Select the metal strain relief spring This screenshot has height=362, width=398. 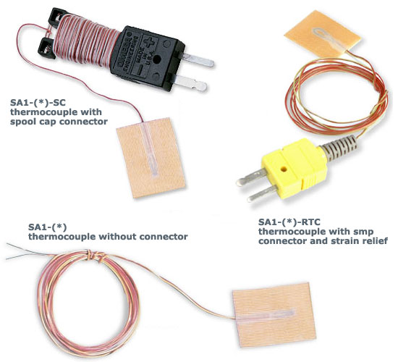339,148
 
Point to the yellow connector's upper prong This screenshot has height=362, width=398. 252,177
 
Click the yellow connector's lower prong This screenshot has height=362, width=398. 262,193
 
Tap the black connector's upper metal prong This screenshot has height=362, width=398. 198,61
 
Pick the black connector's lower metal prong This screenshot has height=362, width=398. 192,83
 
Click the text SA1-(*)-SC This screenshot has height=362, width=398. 38,103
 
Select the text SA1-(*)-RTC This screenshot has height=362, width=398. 289,222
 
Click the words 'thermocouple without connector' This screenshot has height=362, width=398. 108,237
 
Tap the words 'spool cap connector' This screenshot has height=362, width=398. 59,122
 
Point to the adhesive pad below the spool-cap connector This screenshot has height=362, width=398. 151,158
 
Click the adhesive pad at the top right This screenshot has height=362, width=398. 323,33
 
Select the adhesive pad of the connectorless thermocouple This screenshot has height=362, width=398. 274,314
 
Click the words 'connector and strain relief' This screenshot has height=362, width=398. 323,241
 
